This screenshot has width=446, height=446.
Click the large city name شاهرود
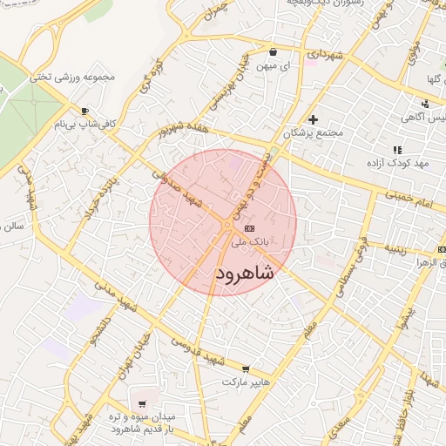point(244,273)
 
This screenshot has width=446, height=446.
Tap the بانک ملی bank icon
point(262,226)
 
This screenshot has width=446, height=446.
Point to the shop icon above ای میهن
point(273,51)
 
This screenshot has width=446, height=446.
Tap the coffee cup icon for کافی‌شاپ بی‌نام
point(84,111)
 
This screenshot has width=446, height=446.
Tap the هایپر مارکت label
point(247,382)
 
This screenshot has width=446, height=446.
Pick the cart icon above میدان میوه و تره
point(142,403)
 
